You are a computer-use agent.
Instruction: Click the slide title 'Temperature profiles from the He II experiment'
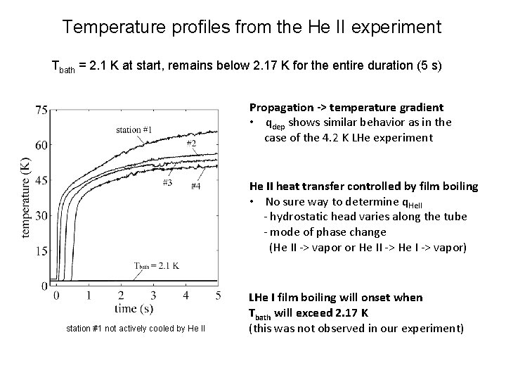(x=252, y=28)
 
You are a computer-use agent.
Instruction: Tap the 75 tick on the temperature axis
(x=41, y=110)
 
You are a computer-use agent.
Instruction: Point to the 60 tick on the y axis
(x=41, y=145)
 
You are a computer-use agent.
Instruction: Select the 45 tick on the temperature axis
(x=41, y=180)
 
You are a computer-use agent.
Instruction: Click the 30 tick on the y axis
(x=41, y=215)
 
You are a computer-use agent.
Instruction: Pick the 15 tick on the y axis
(x=41, y=251)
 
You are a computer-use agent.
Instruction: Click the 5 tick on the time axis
(x=218, y=295)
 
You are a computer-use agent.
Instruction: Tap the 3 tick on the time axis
(x=153, y=295)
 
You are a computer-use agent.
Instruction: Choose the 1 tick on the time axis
(x=89, y=295)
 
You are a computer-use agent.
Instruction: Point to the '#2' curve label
(x=191, y=144)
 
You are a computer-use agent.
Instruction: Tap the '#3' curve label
(x=167, y=183)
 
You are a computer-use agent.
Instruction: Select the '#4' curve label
(x=195, y=186)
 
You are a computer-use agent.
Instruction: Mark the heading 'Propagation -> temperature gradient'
(x=346, y=108)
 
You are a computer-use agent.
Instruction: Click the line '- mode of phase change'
(x=324, y=232)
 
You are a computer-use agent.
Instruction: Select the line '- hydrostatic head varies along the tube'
(x=365, y=216)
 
